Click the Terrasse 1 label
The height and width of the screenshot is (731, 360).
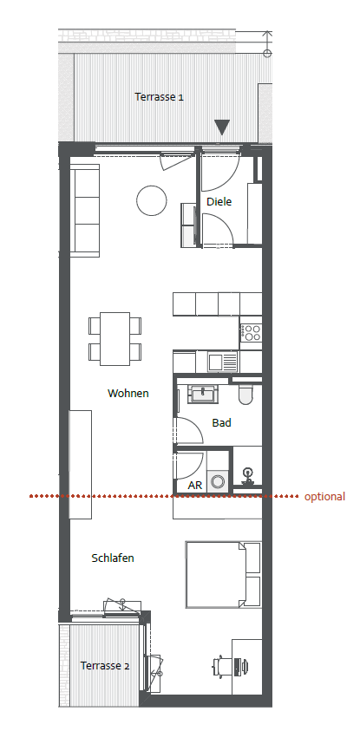[x=159, y=97]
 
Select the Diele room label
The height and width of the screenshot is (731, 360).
[x=219, y=202]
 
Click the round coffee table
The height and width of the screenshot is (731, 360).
[x=152, y=200]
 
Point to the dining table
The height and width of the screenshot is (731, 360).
[x=115, y=339]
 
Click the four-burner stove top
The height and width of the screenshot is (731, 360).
[x=251, y=332]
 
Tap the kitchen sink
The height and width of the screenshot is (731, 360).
[x=222, y=362]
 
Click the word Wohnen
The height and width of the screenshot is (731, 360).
[x=128, y=393]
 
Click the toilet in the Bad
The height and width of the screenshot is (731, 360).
[x=245, y=394]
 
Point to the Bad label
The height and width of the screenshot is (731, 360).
[x=221, y=423]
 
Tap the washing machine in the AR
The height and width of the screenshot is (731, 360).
[x=218, y=480]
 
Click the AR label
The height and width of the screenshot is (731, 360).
[x=195, y=486]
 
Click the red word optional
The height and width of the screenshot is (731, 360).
[x=324, y=497]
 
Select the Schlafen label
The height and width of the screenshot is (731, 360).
[x=113, y=558]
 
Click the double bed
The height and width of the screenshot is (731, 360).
[x=223, y=574]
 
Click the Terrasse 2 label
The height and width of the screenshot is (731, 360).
[x=105, y=665]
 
